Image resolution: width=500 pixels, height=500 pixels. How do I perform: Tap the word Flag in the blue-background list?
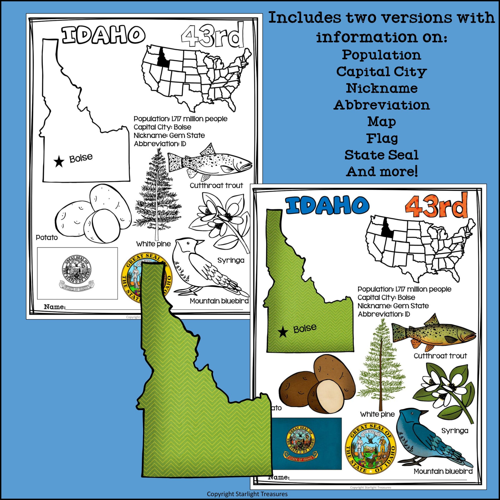point(382,138)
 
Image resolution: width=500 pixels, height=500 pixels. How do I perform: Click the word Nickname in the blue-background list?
point(382,88)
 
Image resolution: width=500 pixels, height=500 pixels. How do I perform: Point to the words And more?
point(382,171)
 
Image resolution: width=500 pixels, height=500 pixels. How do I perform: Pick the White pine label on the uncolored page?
point(154,244)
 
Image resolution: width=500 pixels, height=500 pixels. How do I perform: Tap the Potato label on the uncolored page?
point(47,237)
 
